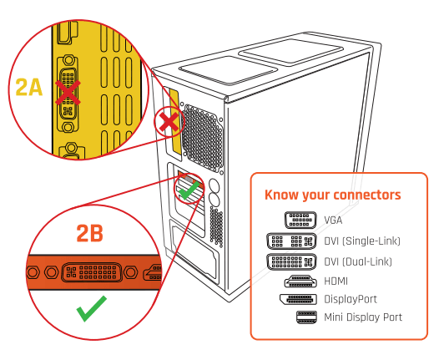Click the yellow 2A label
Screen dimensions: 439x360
[x=29, y=87]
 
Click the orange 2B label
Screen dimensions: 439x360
[x=89, y=233]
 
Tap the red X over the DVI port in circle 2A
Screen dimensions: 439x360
[x=68, y=92]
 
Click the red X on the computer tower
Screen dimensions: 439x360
[x=169, y=123]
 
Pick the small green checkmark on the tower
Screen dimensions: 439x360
[x=189, y=191]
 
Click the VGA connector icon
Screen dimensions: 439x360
[x=300, y=220]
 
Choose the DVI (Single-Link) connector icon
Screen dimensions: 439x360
[x=291, y=241]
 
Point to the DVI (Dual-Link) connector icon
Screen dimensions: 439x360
[x=291, y=261]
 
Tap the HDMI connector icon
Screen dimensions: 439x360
[x=300, y=281]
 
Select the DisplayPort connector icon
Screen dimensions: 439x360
[x=298, y=299]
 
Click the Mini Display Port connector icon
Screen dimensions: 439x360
[x=306, y=317]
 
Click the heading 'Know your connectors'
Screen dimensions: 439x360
[x=333, y=195]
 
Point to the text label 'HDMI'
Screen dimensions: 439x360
[x=336, y=281]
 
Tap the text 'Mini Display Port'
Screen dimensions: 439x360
[x=363, y=317]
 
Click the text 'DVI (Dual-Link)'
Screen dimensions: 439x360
[x=358, y=261]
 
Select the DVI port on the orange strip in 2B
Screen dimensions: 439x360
[x=91, y=272]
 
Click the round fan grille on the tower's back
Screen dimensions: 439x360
[x=202, y=137]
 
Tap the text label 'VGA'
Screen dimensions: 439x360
[x=333, y=221]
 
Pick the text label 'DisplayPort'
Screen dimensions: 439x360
[x=351, y=299]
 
